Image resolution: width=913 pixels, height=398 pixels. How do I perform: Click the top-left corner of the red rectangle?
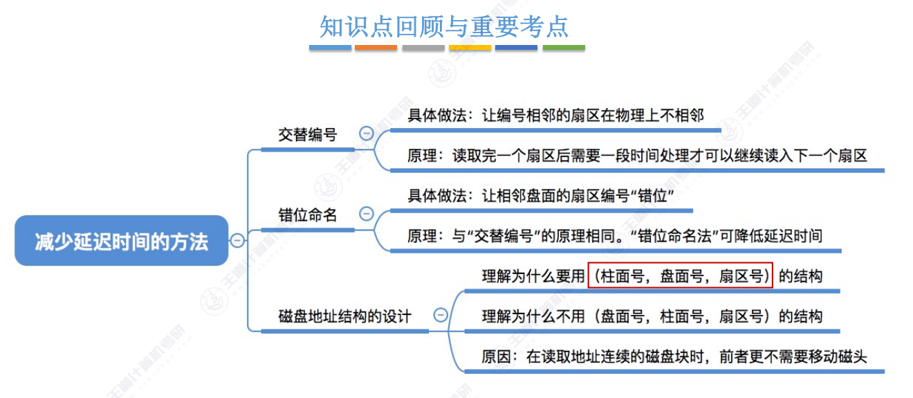[x=588, y=262]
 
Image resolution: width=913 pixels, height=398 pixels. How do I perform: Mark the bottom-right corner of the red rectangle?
[x=773, y=287]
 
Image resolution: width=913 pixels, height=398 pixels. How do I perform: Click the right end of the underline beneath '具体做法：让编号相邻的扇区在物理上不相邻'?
[x=721, y=131]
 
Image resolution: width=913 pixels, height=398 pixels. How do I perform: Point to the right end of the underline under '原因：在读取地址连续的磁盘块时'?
[x=885, y=372]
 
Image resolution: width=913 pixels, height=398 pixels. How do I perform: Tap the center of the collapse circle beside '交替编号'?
[x=367, y=134]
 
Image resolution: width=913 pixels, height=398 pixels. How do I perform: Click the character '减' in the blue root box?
[x=44, y=242]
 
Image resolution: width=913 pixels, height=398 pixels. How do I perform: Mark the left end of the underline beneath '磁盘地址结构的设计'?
[x=261, y=332]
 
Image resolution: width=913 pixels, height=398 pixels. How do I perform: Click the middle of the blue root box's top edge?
[x=122, y=216]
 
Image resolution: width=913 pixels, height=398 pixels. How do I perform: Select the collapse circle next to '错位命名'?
[x=367, y=214]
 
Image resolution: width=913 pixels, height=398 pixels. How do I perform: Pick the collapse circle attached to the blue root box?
[x=237, y=241]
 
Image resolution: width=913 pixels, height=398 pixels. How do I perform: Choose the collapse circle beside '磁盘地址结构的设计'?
[x=441, y=315]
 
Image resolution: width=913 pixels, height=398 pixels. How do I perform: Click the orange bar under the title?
[x=376, y=48]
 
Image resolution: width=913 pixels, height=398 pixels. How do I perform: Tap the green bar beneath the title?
[x=564, y=48]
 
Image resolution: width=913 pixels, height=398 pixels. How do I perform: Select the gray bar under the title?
[x=423, y=48]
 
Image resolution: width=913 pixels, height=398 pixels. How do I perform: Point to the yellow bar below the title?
[x=470, y=48]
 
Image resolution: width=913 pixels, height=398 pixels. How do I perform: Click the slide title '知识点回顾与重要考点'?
[x=444, y=27]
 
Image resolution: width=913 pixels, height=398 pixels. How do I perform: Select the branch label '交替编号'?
[x=308, y=134]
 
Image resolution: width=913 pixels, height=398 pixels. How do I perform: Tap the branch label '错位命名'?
[x=308, y=215]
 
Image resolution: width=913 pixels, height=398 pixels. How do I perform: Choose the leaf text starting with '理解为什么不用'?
[x=652, y=316]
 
